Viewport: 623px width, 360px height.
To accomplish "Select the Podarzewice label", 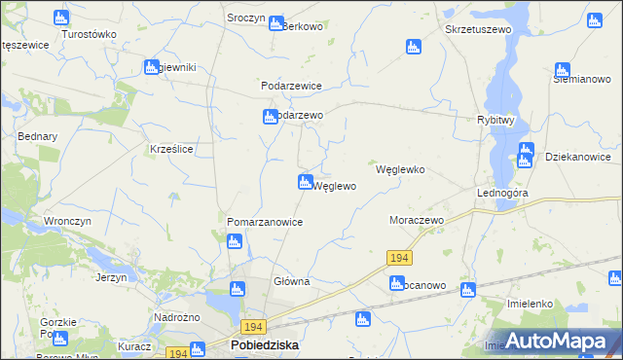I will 291,86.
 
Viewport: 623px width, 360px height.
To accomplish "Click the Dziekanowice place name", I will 578,157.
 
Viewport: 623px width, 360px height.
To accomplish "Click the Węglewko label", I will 400,168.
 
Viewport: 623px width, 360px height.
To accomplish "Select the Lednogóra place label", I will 502,194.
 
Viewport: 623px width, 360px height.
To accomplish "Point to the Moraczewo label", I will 417,221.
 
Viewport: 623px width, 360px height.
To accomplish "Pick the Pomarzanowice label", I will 265,222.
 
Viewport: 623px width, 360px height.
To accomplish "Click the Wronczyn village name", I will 67,221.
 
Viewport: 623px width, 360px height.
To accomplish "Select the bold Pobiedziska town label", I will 265,345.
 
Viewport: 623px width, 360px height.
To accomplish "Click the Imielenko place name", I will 531,304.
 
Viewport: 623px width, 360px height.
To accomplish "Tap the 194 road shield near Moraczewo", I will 398,258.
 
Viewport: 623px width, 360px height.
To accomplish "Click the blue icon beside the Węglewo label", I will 305,183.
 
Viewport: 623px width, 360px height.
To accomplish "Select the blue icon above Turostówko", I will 61,17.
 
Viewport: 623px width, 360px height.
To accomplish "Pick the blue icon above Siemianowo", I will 562,70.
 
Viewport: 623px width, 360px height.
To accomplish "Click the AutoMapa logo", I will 551,340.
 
